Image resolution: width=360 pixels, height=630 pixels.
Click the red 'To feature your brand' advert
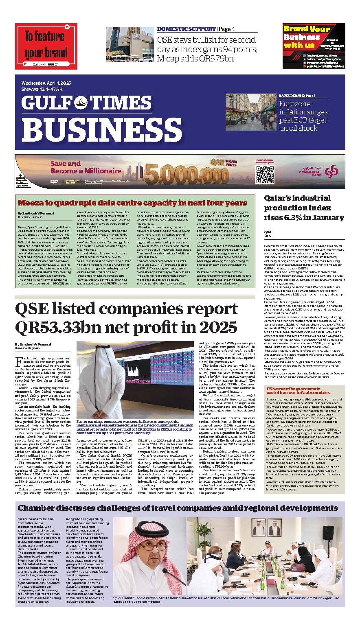[x=46, y=46]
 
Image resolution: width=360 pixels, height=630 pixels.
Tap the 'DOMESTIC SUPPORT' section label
[x=186, y=29]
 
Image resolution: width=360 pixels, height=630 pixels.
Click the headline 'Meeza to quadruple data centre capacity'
[x=132, y=203]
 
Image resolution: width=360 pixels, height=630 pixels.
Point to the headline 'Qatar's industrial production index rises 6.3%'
[x=304, y=208]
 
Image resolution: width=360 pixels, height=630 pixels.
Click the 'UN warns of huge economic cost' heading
[x=305, y=392]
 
